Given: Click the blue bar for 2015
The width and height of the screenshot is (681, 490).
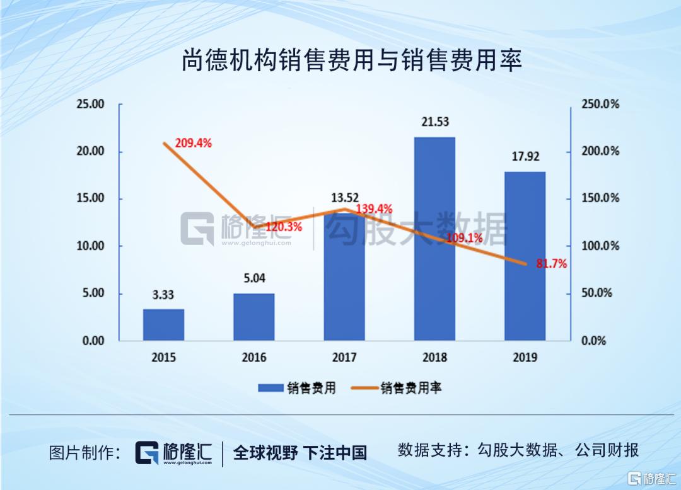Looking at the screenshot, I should pyautogui.click(x=163, y=324).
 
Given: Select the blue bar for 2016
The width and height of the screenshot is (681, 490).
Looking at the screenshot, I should pyautogui.click(x=253, y=317).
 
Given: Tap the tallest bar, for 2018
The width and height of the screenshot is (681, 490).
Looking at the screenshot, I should pyautogui.click(x=434, y=239).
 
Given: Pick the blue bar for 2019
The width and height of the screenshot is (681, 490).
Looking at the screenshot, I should pyautogui.click(x=525, y=256).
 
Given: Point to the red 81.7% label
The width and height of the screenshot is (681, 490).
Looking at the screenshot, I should pyautogui.click(x=551, y=265).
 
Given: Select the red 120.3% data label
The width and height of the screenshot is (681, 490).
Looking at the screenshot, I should pyautogui.click(x=283, y=227).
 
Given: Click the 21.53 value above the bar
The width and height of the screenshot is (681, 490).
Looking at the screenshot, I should pyautogui.click(x=435, y=122).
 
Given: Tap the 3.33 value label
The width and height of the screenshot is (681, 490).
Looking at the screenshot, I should pyautogui.click(x=163, y=294).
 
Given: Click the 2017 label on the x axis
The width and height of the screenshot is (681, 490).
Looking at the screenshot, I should pyautogui.click(x=344, y=358).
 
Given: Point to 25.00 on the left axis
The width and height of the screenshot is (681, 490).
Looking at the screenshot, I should pyautogui.click(x=90, y=105).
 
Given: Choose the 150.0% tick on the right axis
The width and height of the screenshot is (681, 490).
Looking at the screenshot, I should pyautogui.click(x=600, y=198).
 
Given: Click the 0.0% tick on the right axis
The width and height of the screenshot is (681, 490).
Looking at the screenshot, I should pyautogui.click(x=593, y=341).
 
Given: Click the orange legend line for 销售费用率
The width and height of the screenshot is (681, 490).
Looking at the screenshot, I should pyautogui.click(x=362, y=388).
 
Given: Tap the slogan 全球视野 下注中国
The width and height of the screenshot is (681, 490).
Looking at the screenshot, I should pyautogui.click(x=300, y=452).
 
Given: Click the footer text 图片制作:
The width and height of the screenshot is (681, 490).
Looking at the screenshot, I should pyautogui.click(x=86, y=452).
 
